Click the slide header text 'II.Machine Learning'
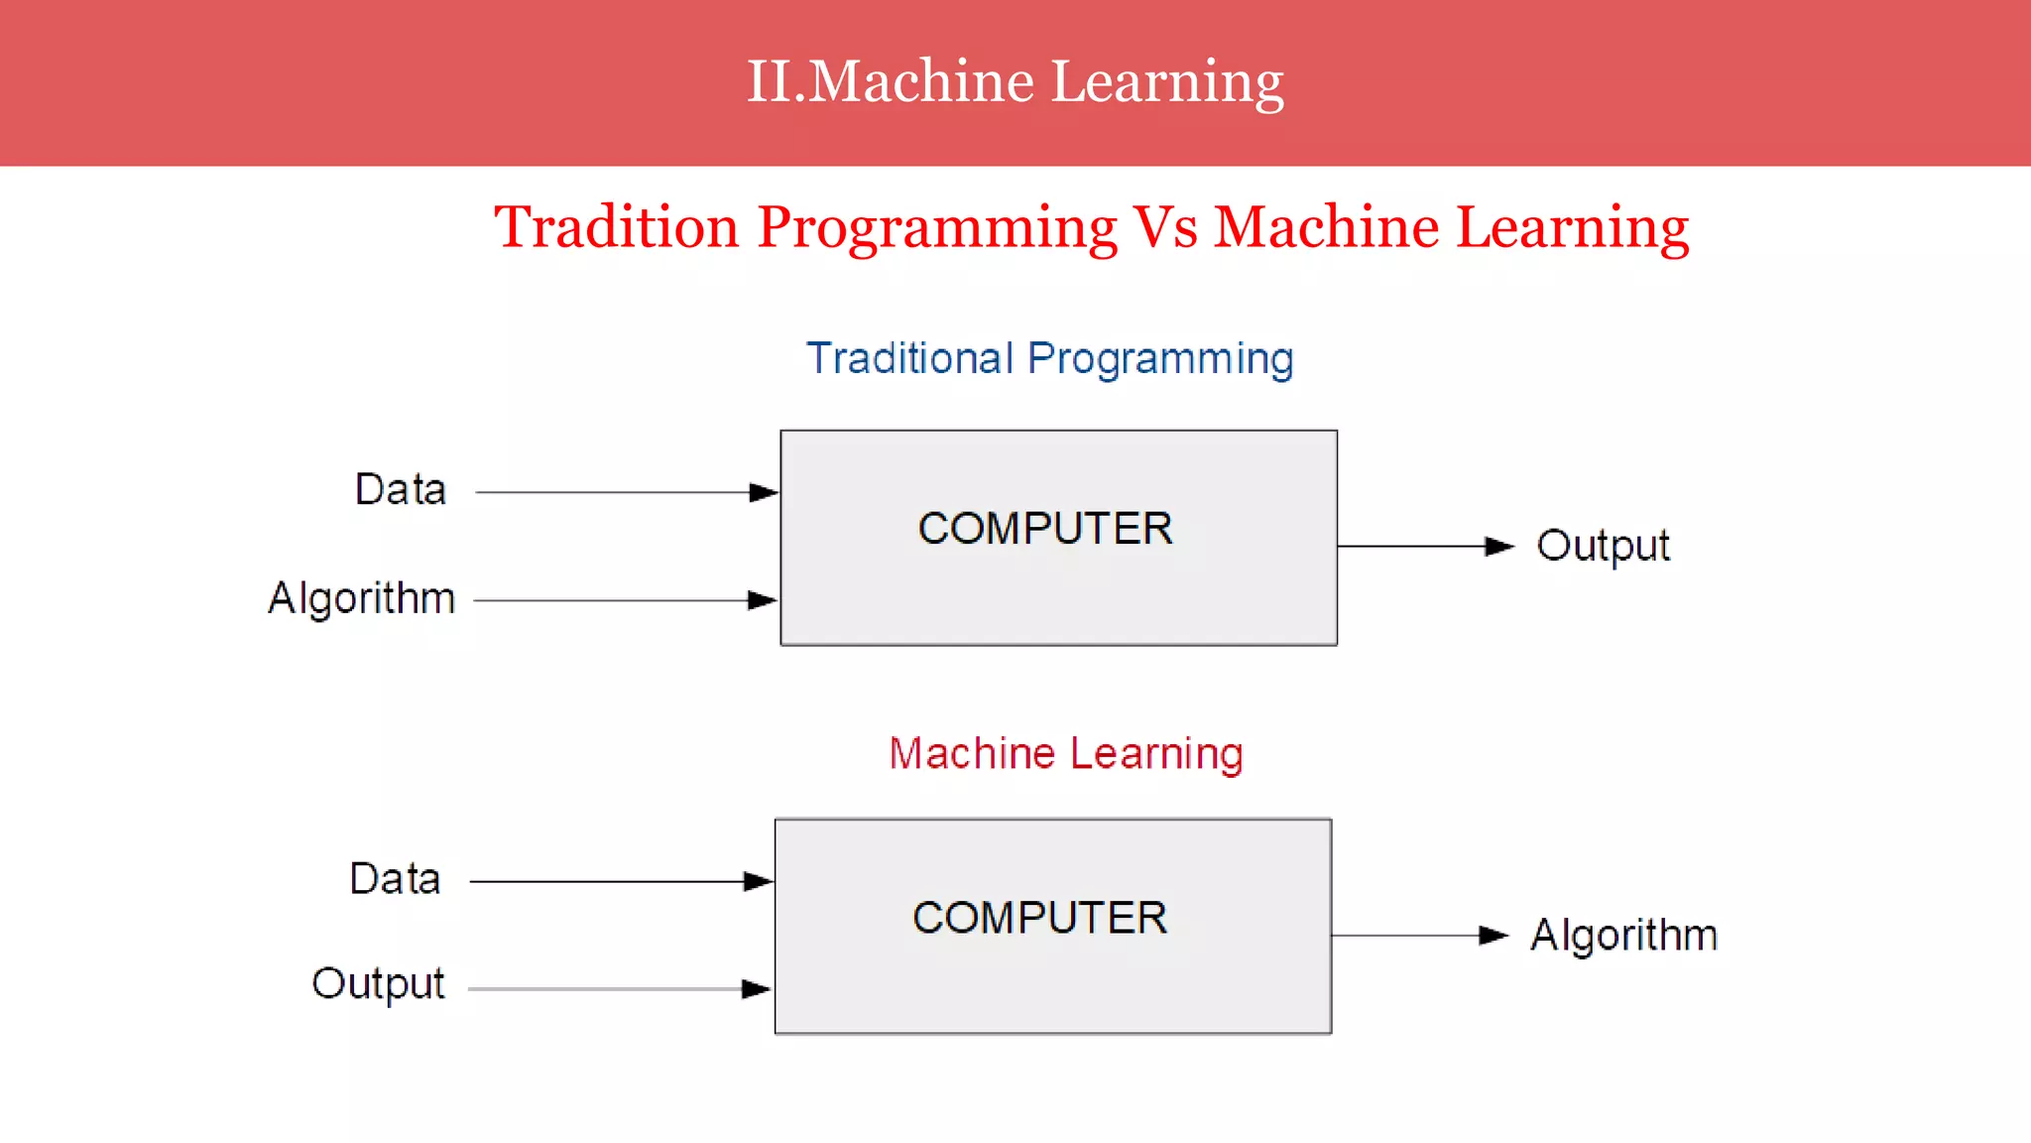(x=1015, y=81)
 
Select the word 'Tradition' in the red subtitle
(x=617, y=227)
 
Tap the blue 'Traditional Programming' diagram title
(x=1049, y=358)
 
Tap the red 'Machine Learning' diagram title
(x=1066, y=753)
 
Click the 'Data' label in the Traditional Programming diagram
(x=401, y=490)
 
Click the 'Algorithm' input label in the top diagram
(x=362, y=598)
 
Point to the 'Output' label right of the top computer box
(x=1603, y=546)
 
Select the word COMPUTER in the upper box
(x=1045, y=528)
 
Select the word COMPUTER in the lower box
(x=1039, y=918)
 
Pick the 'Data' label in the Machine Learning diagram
(x=395, y=879)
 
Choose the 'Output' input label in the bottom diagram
(x=378, y=984)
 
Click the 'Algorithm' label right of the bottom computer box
(x=1623, y=935)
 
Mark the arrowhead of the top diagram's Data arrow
(x=764, y=492)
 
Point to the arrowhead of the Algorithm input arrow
(x=762, y=600)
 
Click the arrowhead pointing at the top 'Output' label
(x=1498, y=546)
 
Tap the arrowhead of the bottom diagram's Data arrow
(x=758, y=881)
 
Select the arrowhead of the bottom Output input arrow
(x=756, y=988)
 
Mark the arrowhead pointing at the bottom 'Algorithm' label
(x=1493, y=935)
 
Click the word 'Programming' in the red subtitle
(x=937, y=227)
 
